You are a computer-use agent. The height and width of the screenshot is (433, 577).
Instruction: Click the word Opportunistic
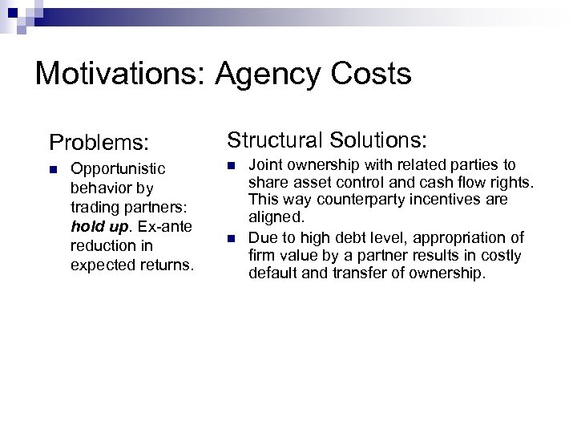coord(119,169)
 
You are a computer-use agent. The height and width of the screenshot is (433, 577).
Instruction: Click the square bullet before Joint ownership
coord(231,164)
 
